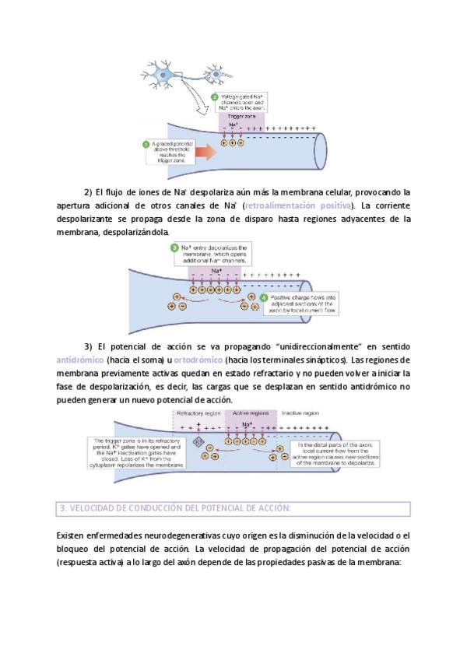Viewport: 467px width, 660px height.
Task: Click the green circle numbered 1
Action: (x=146, y=144)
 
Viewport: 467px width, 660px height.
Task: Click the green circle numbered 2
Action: (x=216, y=97)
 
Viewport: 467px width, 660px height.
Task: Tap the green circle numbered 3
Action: (x=175, y=247)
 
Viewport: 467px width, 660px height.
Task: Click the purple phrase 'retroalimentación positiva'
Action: (x=297, y=205)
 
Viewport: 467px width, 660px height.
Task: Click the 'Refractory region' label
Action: (x=198, y=412)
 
